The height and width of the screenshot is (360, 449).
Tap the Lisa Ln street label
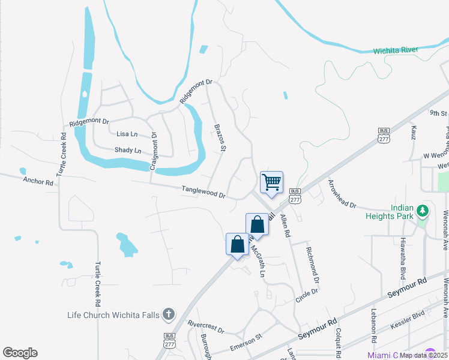coord(127,134)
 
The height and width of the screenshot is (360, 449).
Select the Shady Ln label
coord(127,150)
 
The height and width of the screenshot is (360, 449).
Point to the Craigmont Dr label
coord(154,150)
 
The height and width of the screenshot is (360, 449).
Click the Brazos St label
coord(220,137)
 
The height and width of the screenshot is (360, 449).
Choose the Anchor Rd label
coord(38,181)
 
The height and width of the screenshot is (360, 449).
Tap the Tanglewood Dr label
coord(203,192)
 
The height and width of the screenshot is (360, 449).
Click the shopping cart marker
coord(271,182)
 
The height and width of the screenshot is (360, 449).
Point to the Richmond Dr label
coord(313,265)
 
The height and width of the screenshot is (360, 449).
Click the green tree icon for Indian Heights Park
coord(423,211)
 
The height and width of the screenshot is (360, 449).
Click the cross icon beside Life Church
coord(169,314)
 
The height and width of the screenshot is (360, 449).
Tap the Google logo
coord(20,353)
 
